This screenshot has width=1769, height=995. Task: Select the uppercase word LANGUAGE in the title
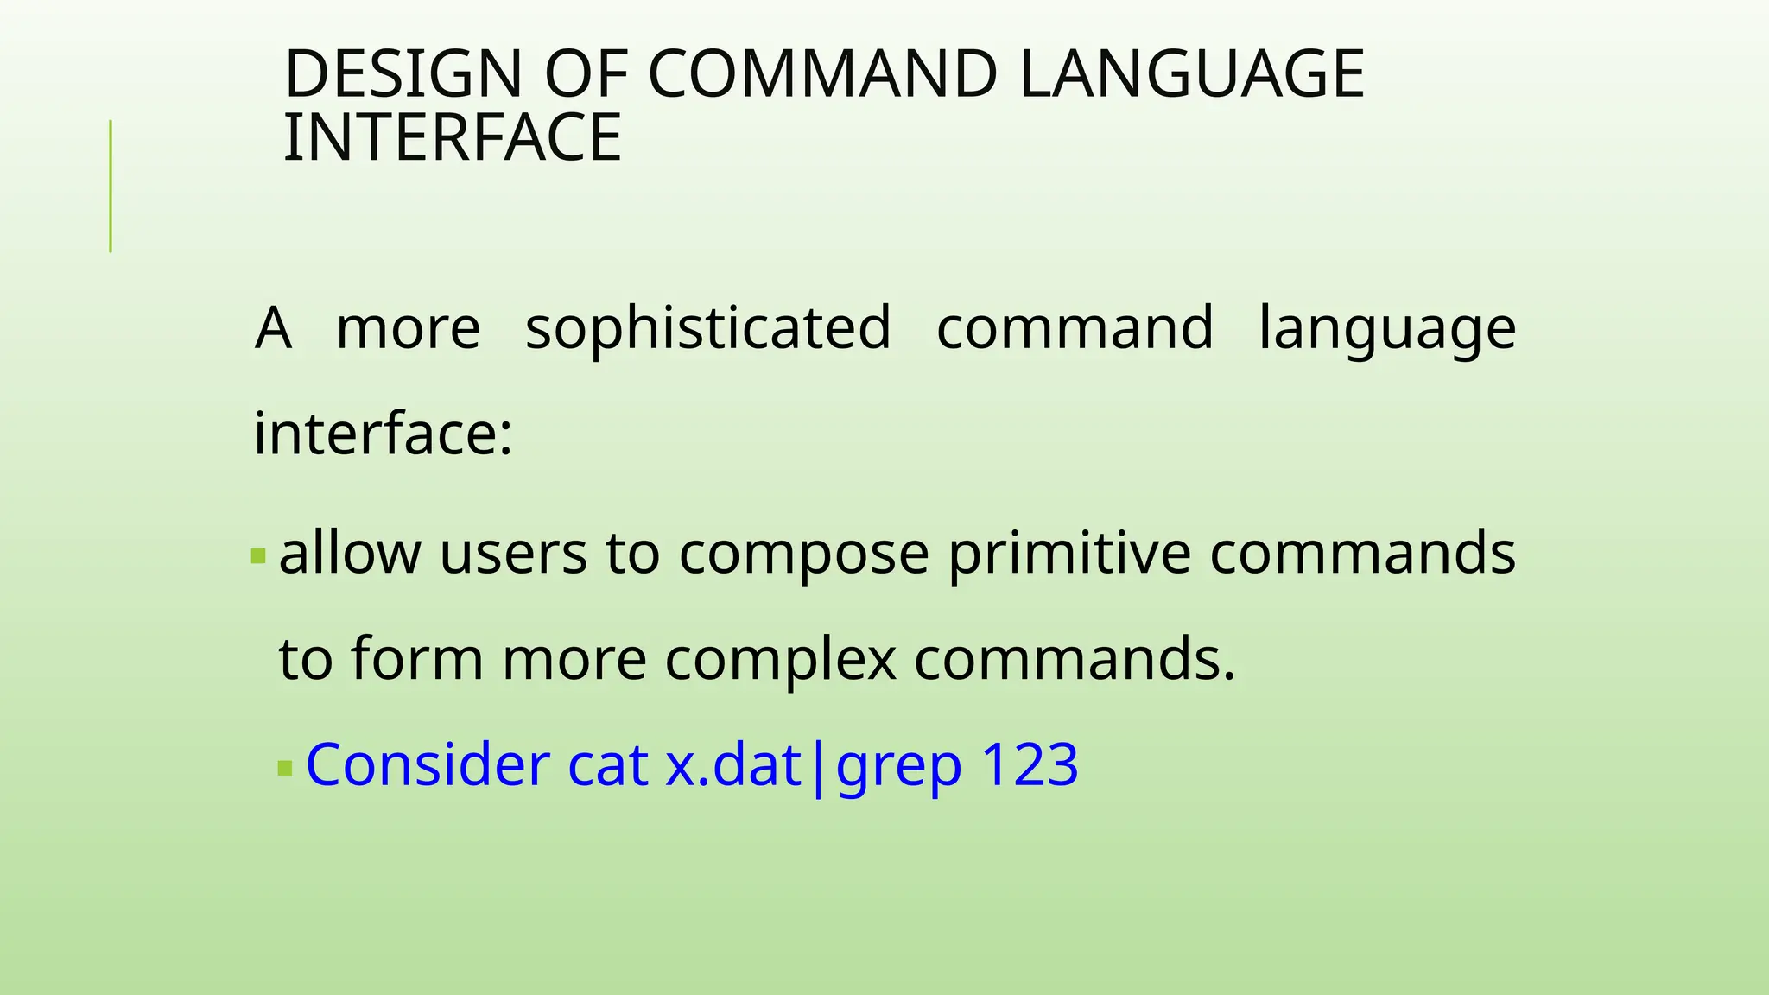[x=1191, y=74]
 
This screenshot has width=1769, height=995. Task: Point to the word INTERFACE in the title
[x=452, y=137]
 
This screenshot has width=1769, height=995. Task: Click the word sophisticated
[x=707, y=329]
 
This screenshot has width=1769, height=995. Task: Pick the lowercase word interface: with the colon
[x=383, y=434]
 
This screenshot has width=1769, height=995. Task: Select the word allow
[x=350, y=553]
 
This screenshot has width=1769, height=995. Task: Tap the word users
[x=513, y=553]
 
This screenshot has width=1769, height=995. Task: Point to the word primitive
[x=1069, y=555]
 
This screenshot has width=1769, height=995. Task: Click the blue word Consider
[x=428, y=765]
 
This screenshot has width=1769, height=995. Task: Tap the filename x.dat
[x=733, y=765]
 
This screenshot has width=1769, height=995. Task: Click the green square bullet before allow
[x=258, y=555]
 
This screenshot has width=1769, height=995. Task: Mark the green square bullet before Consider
[x=285, y=767]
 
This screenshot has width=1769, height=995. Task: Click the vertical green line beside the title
[x=111, y=187]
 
